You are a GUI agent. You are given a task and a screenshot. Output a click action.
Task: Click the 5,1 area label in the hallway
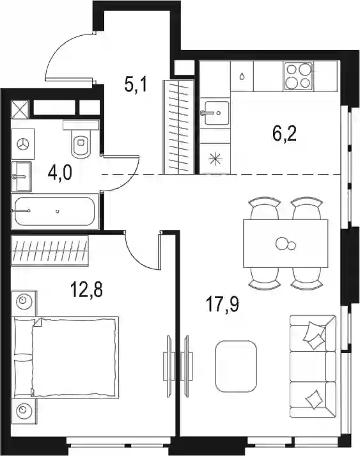[136, 84]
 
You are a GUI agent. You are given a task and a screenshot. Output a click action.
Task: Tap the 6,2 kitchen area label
[285, 134]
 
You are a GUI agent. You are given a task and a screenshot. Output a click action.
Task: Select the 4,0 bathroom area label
[59, 174]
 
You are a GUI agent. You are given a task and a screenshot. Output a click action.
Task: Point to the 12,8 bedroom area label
[87, 289]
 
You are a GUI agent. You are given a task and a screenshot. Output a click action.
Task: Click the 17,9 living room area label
[223, 304]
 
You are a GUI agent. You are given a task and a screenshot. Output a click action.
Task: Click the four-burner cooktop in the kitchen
[299, 76]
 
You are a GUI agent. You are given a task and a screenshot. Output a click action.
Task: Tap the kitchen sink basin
[215, 113]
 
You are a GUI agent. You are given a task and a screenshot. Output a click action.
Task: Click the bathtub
[54, 211]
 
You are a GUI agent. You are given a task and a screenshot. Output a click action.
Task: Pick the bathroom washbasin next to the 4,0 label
[21, 177]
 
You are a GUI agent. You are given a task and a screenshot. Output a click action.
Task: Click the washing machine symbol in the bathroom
[23, 144]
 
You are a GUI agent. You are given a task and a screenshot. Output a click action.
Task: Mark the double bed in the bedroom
[66, 358]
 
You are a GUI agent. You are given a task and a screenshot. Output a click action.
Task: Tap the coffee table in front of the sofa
[236, 366]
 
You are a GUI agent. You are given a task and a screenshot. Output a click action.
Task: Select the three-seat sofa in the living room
[313, 366]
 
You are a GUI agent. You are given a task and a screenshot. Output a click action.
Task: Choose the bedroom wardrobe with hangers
[50, 251]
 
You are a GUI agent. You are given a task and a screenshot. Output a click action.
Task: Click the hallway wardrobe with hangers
[178, 127]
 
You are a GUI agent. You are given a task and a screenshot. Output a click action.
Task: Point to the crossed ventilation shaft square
[20, 109]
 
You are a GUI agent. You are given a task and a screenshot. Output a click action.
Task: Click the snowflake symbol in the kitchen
[215, 159]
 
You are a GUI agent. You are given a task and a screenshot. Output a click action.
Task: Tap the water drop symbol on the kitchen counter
[242, 77]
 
